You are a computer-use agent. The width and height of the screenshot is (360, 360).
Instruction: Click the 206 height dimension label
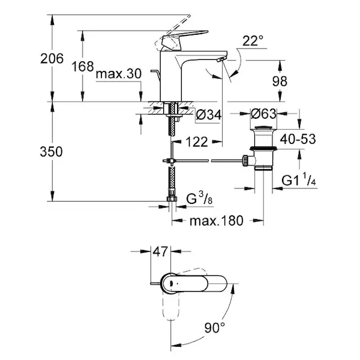click(52, 59)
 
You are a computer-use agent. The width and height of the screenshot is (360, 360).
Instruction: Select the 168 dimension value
click(83, 67)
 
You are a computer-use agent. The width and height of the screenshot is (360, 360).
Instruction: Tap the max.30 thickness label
click(119, 74)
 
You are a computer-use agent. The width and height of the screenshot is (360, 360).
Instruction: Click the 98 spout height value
click(280, 81)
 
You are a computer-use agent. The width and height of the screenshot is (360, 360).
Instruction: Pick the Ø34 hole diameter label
click(209, 115)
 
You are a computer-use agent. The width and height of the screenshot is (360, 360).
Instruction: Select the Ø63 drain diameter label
click(263, 113)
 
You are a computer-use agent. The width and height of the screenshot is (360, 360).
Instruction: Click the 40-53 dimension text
click(298, 139)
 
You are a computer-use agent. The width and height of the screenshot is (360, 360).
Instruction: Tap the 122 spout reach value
click(197, 142)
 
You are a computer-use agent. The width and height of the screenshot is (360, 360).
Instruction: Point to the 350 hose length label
click(51, 152)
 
